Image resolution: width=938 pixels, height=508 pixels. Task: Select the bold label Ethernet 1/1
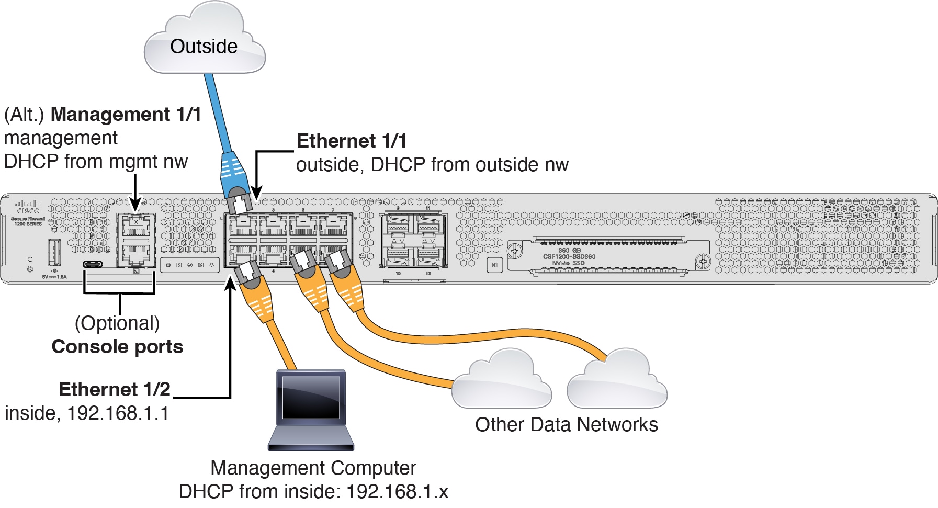click(351, 141)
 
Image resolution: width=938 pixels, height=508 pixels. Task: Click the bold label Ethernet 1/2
click(115, 389)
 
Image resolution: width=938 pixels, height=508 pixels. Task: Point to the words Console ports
click(117, 346)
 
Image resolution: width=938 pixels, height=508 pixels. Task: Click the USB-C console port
click(93, 264)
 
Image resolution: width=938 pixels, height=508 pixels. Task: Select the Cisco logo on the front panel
click(28, 207)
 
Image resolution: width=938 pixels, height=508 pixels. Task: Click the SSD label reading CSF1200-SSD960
click(569, 256)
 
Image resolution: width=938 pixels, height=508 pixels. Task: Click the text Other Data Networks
click(566, 424)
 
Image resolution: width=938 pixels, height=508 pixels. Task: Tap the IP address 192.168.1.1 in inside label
click(118, 413)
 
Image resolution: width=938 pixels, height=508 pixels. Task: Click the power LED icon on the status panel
click(168, 265)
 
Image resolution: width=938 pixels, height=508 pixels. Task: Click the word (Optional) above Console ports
click(117, 323)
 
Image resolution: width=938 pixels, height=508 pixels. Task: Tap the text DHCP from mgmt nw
click(96, 161)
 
